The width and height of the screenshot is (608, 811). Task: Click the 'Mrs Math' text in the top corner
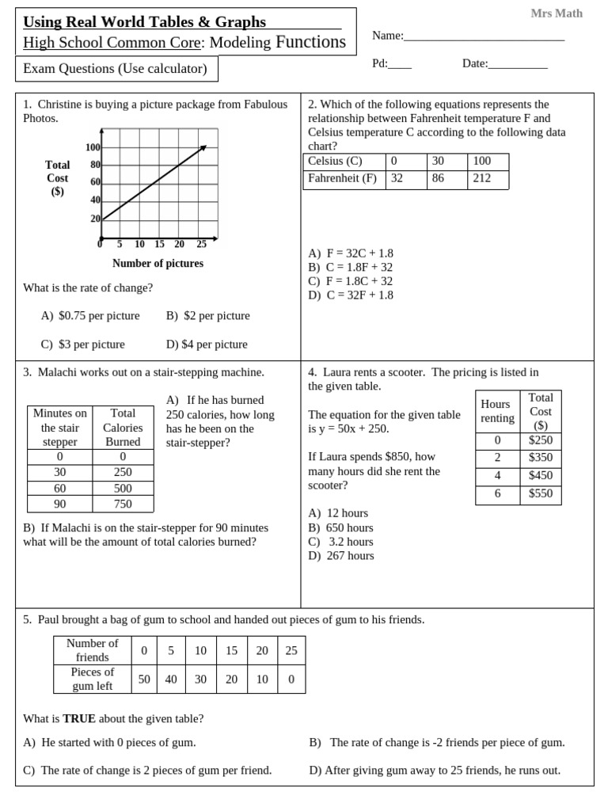[x=556, y=13]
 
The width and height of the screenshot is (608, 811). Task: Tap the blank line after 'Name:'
[x=484, y=36]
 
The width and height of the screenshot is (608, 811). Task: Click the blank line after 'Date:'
[x=518, y=65]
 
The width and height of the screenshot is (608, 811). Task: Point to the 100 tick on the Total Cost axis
[x=93, y=148]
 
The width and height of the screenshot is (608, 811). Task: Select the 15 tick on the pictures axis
[x=159, y=245]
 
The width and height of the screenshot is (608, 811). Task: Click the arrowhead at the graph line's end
[x=203, y=147]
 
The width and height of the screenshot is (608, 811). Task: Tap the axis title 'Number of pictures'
[x=158, y=264]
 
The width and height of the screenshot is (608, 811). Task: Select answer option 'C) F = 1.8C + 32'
[x=350, y=281]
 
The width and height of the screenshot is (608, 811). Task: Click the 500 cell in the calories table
[x=123, y=489]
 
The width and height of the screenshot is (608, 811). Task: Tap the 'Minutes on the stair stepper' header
[x=60, y=428]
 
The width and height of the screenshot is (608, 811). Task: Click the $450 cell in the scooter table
[x=541, y=476]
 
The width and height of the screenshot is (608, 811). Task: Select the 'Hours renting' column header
[x=497, y=411]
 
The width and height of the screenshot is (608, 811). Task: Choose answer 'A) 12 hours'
[x=338, y=513]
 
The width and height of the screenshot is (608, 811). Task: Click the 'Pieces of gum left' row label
[x=93, y=679]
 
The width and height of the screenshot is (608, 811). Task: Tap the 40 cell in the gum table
[x=171, y=680]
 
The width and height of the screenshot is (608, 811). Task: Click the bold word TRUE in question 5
[x=79, y=719]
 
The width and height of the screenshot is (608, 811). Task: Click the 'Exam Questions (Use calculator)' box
[x=116, y=69]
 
